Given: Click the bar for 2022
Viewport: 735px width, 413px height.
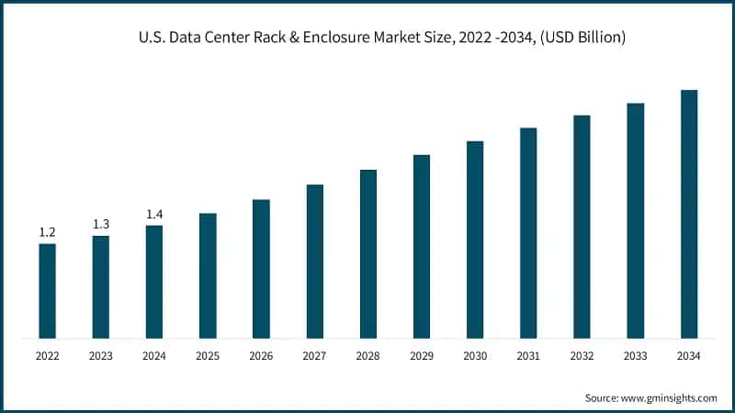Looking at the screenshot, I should (x=47, y=290).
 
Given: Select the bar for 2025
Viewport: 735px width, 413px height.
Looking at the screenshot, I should (x=208, y=275).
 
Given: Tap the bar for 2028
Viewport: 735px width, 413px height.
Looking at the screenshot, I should (x=368, y=253).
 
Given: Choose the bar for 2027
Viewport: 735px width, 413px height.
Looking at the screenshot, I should (x=314, y=261).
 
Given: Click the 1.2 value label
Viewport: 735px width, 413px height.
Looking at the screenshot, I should (x=47, y=232).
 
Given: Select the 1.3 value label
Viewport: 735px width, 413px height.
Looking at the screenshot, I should (x=101, y=224).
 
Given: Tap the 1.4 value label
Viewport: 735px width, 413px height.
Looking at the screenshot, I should (x=154, y=214).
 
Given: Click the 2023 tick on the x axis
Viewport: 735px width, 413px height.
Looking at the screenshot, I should (x=101, y=354).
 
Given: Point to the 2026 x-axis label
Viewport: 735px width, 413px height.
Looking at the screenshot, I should (x=261, y=354).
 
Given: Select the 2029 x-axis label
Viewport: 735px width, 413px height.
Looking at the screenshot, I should (x=422, y=354).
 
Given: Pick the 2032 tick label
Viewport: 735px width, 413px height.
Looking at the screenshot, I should (x=582, y=354).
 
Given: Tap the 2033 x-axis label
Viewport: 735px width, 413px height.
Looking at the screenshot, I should (x=636, y=354).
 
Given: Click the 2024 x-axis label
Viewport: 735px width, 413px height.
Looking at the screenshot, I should (x=154, y=354).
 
